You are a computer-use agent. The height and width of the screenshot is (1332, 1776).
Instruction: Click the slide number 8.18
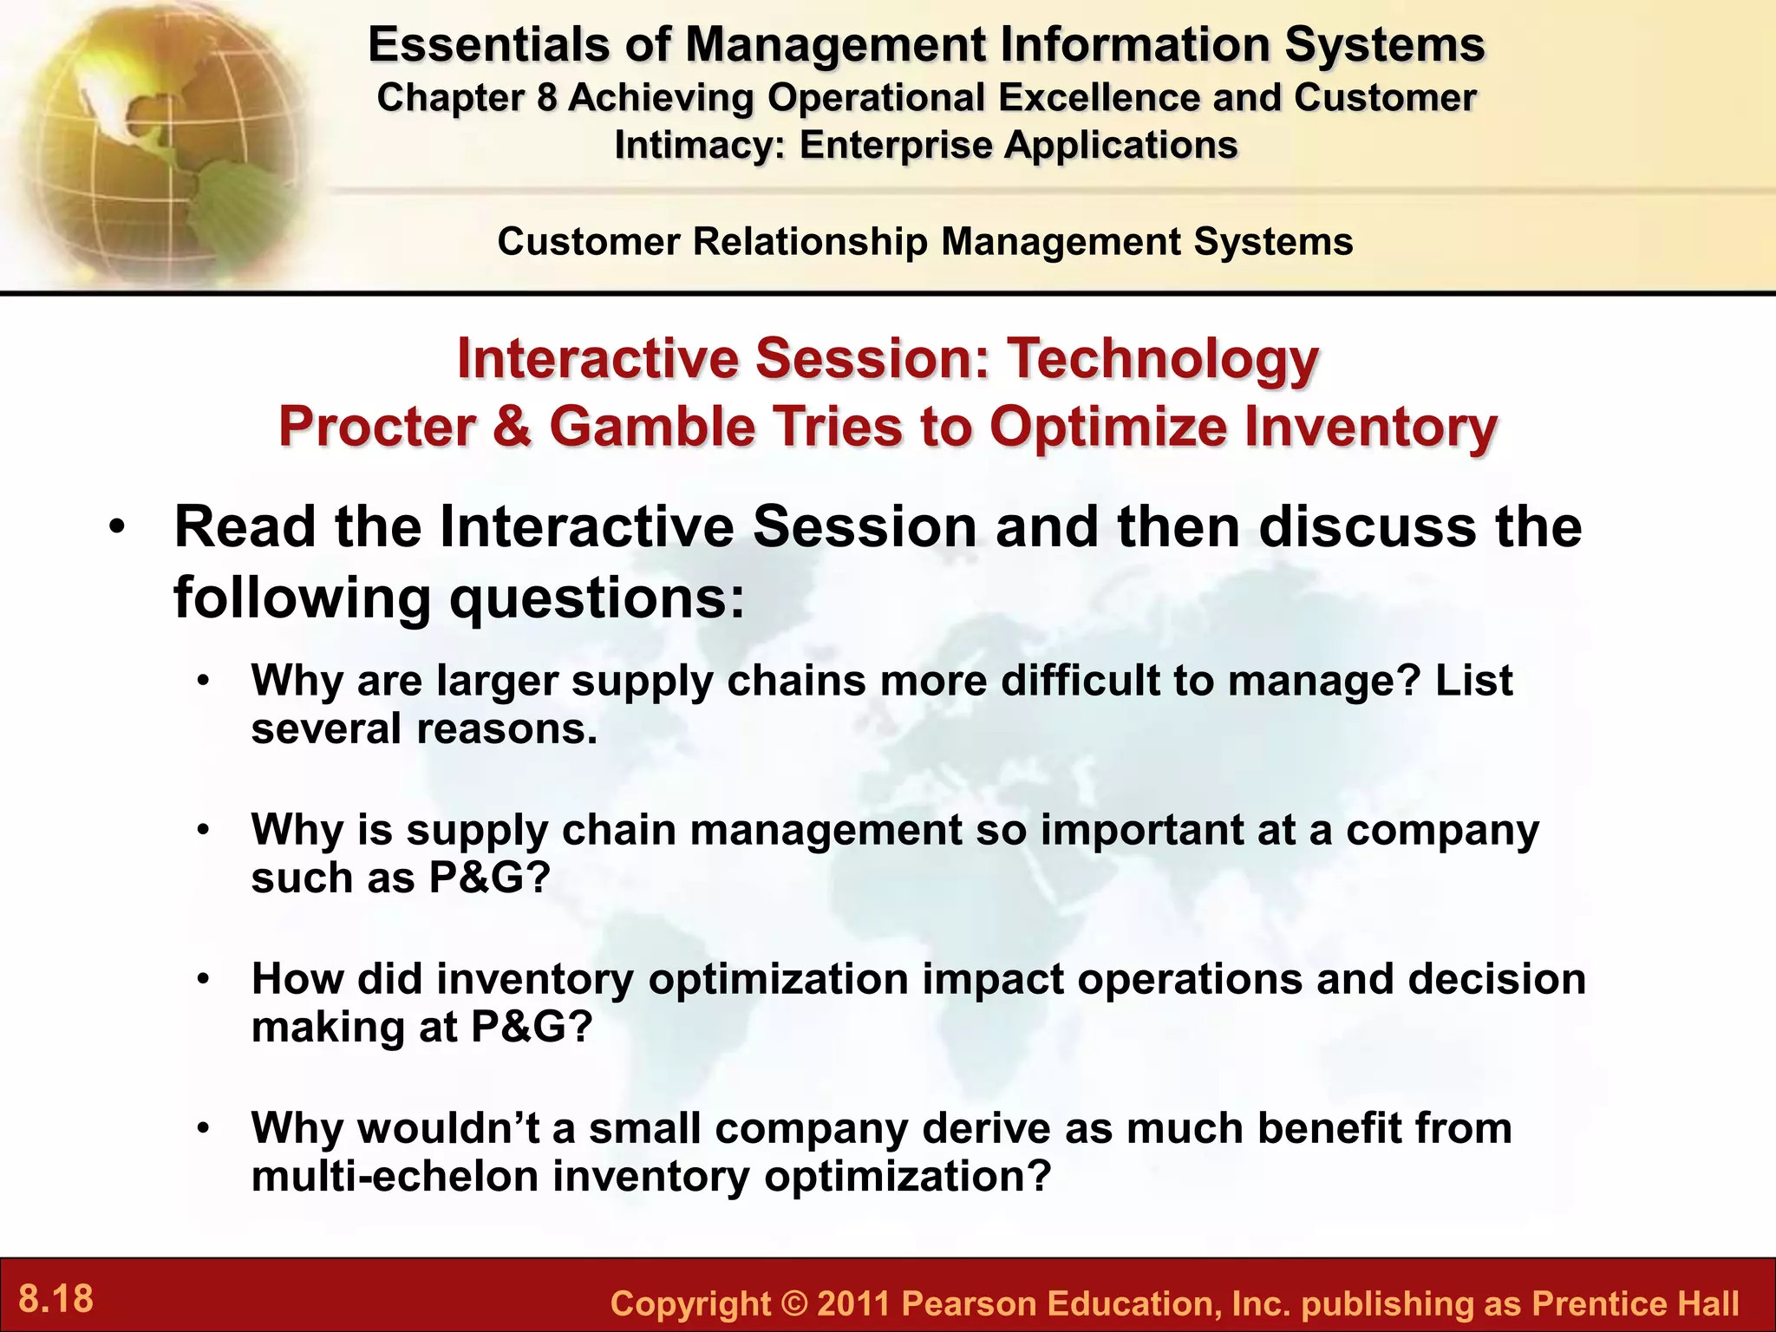55,1299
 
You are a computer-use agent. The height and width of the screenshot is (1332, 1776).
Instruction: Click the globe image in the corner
147,139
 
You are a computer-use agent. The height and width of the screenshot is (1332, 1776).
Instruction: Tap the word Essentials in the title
488,45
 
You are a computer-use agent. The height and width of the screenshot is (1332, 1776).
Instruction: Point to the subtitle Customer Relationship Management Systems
924,242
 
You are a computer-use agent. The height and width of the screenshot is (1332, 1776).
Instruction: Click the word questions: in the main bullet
597,597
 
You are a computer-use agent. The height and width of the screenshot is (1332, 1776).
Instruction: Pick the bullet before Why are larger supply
203,682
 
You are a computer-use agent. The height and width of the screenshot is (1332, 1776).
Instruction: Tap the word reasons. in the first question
507,728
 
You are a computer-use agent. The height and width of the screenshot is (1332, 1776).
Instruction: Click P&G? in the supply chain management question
490,878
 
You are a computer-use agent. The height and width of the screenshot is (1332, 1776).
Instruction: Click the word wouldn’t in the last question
449,1128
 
